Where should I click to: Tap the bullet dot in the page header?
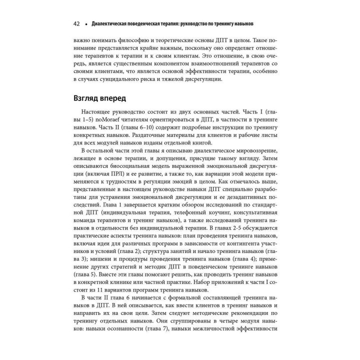click(86, 24)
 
